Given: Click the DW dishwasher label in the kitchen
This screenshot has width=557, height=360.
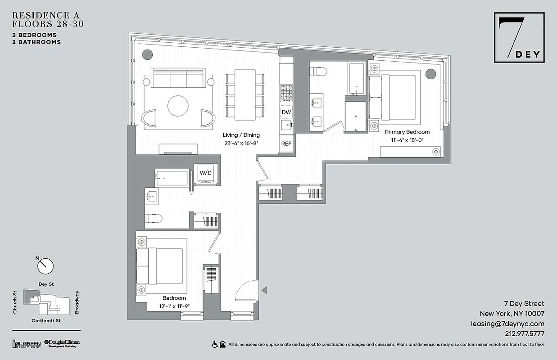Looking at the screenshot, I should (286, 112).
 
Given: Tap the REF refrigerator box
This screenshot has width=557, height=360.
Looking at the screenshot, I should (286, 144).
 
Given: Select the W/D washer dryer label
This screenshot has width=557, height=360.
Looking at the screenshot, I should (206, 172).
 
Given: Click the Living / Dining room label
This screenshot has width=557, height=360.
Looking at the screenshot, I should (241, 135).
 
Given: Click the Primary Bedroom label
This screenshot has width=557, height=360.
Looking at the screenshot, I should (407, 132).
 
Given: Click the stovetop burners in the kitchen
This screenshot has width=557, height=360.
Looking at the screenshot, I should (286, 93).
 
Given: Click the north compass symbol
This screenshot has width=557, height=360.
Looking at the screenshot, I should (45, 265).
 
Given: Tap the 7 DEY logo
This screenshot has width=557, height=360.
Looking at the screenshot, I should (519, 38).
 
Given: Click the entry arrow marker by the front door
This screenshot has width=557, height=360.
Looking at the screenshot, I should (264, 290).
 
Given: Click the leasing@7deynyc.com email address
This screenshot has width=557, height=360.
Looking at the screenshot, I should (507, 324).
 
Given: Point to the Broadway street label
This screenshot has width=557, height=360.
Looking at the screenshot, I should (77, 302).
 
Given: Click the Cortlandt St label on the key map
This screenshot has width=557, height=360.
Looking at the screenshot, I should (46, 321).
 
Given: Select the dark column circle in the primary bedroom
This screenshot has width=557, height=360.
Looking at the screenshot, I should (431, 73).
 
